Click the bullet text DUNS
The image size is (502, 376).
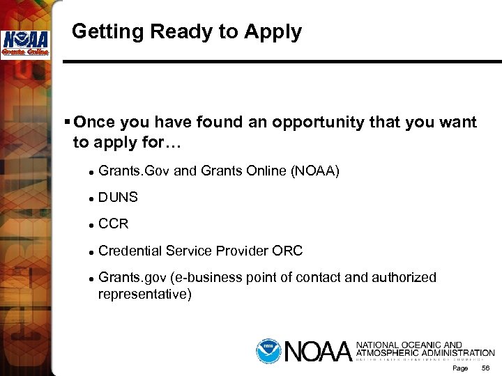pos(119,198)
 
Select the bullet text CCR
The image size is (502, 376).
pos(114,224)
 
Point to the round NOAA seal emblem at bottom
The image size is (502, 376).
pos(267,350)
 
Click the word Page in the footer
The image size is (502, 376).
pos(460,368)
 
